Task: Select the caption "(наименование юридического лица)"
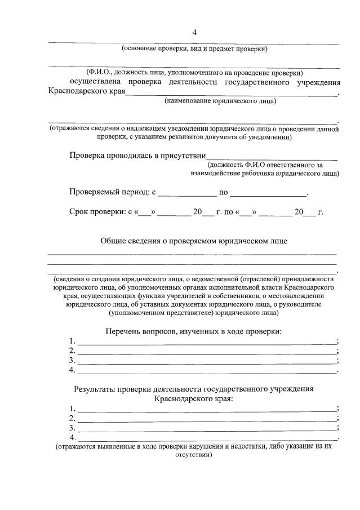(x=220, y=101)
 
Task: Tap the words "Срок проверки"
(x=95, y=212)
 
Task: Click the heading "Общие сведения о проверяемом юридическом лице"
(x=194, y=241)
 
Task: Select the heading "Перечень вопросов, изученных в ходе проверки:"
(x=193, y=331)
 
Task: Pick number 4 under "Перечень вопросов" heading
(x=72, y=370)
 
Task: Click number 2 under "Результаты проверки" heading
(x=72, y=418)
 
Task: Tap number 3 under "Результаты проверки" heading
(x=72, y=428)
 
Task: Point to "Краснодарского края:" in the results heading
(x=194, y=398)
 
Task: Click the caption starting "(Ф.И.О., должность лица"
(x=194, y=73)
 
